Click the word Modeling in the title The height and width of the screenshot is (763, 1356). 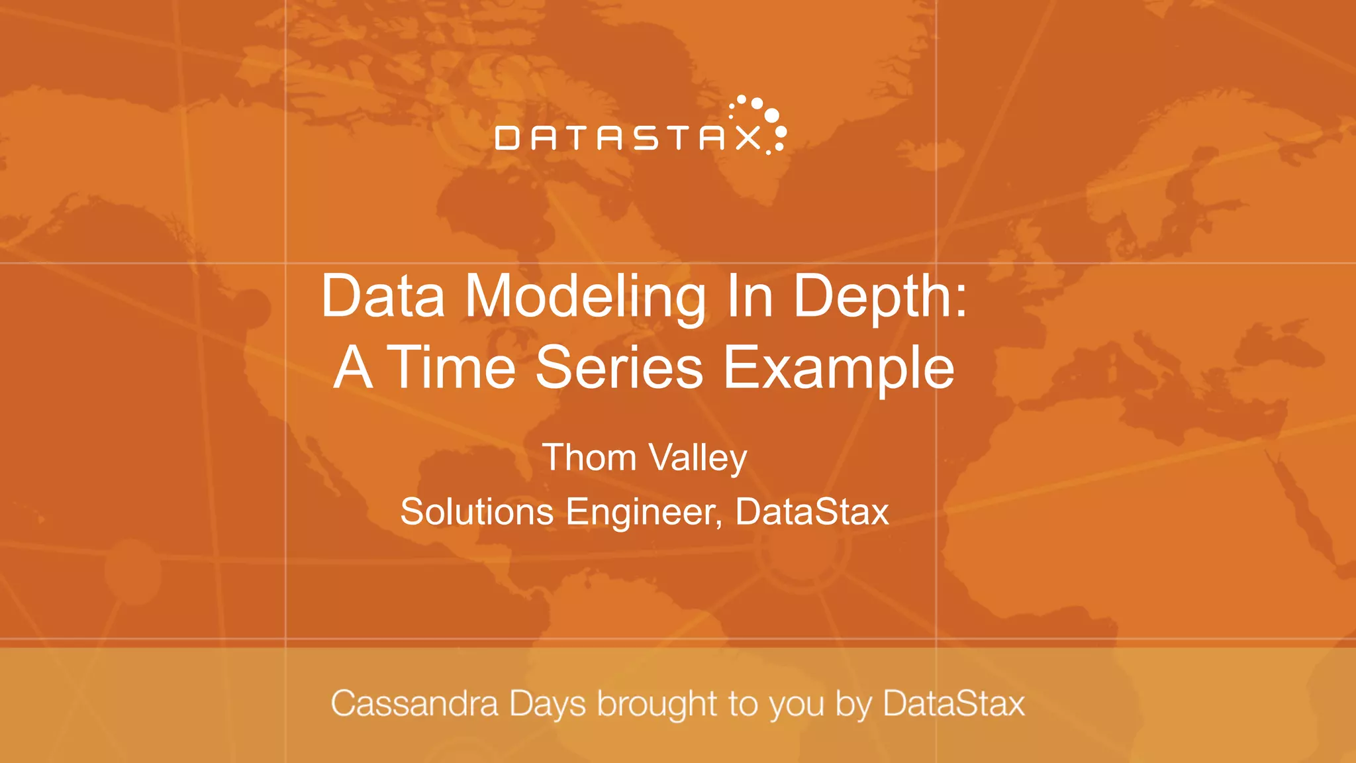585,297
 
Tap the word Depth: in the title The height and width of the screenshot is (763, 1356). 880,297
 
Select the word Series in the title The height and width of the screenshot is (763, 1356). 619,368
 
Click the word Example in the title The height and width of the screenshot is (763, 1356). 839,369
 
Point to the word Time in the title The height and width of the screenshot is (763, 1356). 451,368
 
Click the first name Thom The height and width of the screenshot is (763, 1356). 589,458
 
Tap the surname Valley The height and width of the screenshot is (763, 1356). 698,459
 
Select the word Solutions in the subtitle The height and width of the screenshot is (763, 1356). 477,512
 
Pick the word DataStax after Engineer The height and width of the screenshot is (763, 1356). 812,512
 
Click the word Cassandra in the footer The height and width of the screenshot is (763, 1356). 414,703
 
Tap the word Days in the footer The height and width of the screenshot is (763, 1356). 548,705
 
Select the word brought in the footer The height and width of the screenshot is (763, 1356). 657,705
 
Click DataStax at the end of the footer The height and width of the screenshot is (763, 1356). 953,703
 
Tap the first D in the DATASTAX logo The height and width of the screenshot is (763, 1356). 507,138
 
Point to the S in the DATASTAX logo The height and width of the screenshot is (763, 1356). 645,138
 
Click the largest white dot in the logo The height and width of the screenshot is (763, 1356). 771,115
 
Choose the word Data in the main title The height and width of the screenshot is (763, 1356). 383,297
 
